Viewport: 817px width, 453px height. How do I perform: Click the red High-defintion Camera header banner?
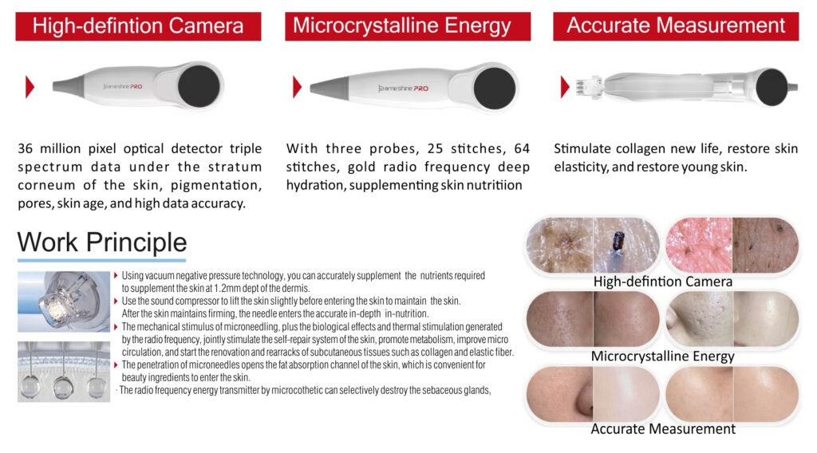click(138, 26)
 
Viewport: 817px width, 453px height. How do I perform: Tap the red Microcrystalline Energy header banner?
click(408, 26)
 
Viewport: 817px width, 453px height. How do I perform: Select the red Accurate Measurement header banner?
click(676, 26)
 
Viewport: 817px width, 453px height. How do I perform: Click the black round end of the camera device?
click(199, 86)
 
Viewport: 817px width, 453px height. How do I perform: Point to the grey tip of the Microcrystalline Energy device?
click(328, 87)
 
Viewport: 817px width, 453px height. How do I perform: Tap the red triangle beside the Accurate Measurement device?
click(565, 87)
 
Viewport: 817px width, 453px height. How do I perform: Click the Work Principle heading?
click(102, 242)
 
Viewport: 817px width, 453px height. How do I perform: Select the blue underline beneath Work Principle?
click(101, 259)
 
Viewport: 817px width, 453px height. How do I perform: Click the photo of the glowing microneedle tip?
click(64, 301)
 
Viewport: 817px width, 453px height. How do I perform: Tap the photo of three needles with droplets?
click(64, 372)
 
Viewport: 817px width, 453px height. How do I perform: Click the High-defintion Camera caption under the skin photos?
click(663, 282)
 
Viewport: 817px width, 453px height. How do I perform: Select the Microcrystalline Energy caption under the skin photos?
click(663, 356)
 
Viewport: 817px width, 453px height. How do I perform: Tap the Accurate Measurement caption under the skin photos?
click(663, 429)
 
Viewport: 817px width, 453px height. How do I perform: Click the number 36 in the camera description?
click(25, 149)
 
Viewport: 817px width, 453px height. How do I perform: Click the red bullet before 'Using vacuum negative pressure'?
click(116, 275)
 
